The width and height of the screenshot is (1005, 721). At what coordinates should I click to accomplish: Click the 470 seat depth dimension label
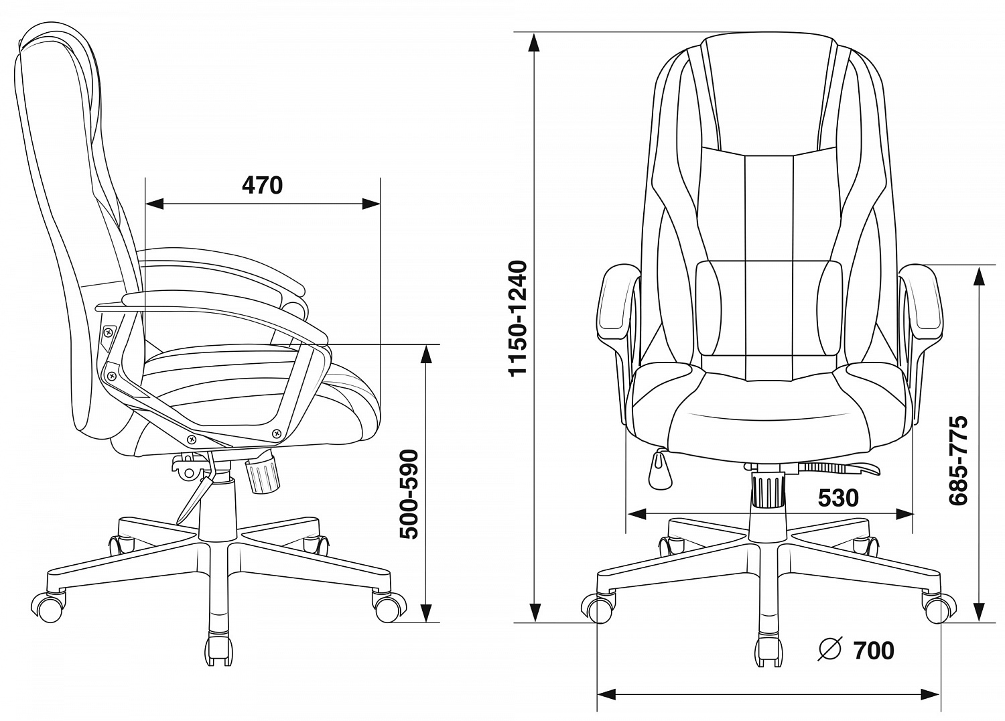pos(263,186)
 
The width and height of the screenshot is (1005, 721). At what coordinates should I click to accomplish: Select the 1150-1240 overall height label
pos(518,318)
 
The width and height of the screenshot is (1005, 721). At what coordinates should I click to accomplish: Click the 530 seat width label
pos(839,498)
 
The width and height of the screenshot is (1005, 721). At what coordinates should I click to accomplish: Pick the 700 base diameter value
pos(874,651)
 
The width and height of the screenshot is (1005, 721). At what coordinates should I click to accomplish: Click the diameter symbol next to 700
pos(830,649)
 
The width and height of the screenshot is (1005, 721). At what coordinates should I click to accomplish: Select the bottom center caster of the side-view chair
pos(219,650)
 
